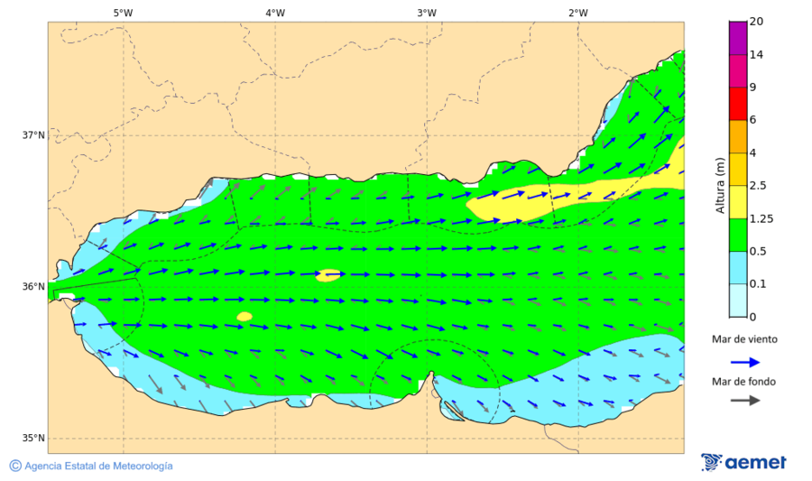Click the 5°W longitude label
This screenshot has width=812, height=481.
tap(124, 13)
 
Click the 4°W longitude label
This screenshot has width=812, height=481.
tap(275, 13)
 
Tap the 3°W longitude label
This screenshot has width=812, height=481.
tap(427, 13)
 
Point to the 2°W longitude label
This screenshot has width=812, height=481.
tap(578, 13)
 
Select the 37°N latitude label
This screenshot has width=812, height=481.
tap(33, 135)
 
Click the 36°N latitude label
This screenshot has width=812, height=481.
tap(33, 287)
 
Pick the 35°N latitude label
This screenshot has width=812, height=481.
tap(33, 439)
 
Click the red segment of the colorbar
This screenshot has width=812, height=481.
tap(738, 103)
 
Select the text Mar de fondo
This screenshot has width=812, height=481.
tap(743, 382)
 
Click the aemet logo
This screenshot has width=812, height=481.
tap(743, 462)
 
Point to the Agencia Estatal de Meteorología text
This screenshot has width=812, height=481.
tap(98, 466)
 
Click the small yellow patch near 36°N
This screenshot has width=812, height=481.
tap(328, 274)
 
